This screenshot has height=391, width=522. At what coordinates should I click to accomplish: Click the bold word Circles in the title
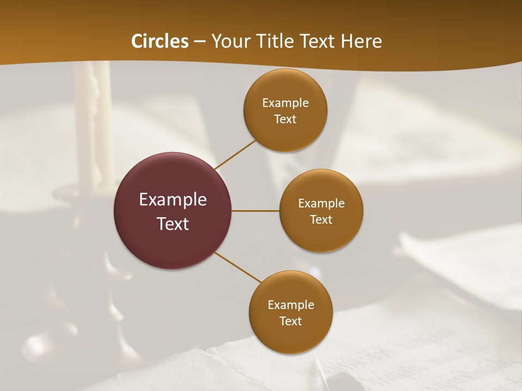160,41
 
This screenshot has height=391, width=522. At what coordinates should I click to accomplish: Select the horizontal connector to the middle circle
256,211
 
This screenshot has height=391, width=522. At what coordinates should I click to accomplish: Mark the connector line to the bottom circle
238,267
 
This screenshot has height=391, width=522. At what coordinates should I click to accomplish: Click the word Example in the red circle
173,200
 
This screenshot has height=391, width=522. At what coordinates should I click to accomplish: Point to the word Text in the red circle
173,224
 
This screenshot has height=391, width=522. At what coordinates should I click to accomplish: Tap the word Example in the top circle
285,103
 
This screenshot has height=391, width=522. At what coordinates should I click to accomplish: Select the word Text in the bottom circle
290,321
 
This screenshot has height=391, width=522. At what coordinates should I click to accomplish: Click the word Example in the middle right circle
321,204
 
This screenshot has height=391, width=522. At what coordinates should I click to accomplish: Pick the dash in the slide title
200,42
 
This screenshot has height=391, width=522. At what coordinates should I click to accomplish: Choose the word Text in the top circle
285,119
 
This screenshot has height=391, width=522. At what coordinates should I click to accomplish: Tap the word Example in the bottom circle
290,305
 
